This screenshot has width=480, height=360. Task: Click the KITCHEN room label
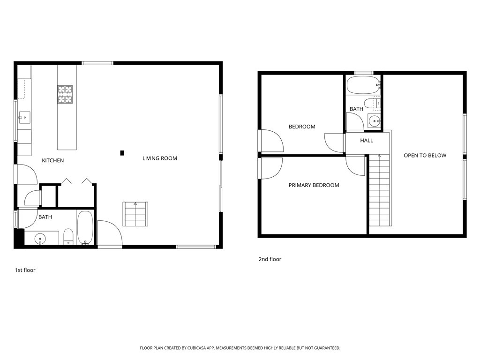[52, 161]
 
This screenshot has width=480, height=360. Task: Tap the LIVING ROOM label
[160, 158]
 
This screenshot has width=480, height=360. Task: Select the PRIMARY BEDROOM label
[314, 185]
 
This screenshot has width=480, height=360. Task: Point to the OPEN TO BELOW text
[425, 156]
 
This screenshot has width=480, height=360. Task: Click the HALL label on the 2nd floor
[367, 141]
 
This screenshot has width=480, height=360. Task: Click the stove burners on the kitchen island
[65, 94]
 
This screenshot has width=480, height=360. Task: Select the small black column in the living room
[122, 152]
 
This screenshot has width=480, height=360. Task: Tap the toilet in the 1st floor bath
[68, 236]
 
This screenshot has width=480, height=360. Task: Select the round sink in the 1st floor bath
[40, 239]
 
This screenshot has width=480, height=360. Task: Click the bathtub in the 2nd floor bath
[363, 86]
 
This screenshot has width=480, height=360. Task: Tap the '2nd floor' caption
[270, 259]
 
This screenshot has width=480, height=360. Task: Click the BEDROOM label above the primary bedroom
[301, 127]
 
